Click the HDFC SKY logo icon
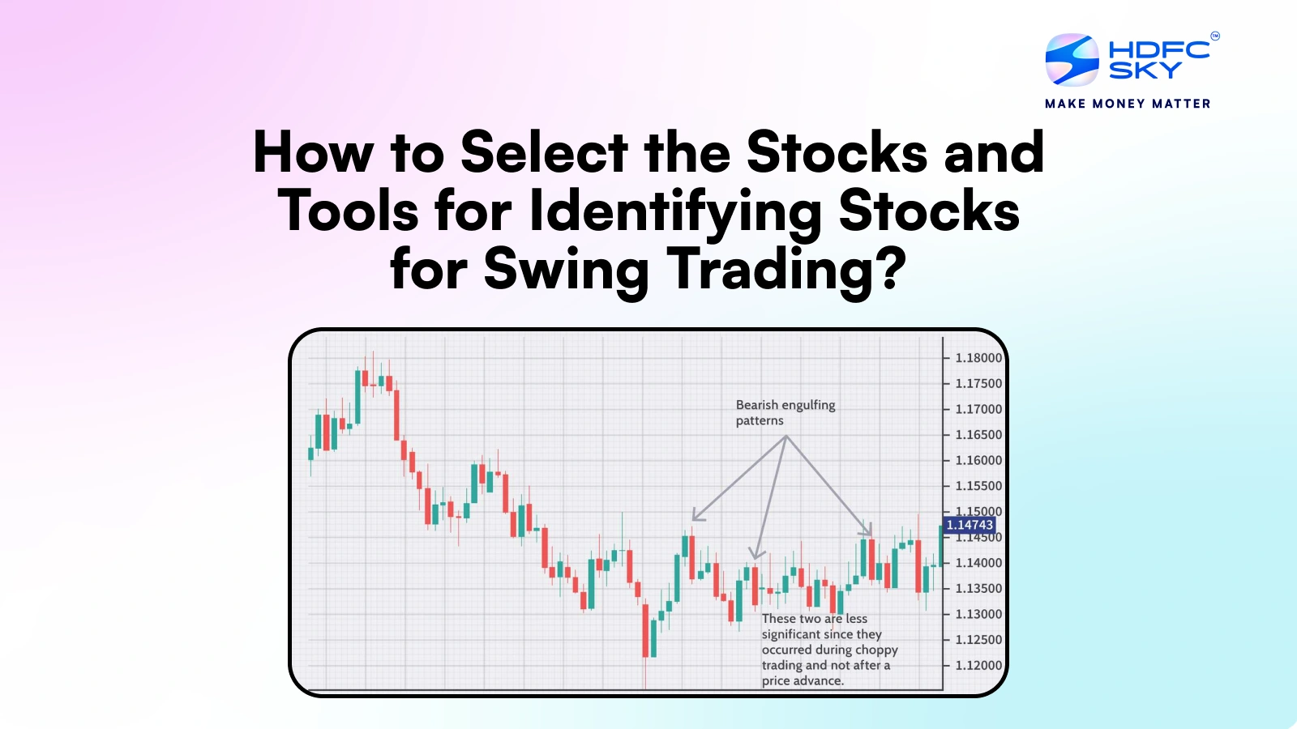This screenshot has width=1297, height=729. tap(1072, 60)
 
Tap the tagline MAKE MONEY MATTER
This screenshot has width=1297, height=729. tap(1128, 104)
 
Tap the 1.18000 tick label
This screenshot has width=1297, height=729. tap(978, 358)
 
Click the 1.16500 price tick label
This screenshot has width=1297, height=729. tap(978, 435)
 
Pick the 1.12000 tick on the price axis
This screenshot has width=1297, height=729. tap(978, 666)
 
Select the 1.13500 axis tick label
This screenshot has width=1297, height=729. tap(978, 589)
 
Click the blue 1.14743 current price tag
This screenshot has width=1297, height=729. tap(970, 525)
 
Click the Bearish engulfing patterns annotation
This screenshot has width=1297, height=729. tap(785, 412)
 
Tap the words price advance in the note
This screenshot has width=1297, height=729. tap(803, 681)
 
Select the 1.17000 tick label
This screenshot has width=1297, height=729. tap(978, 410)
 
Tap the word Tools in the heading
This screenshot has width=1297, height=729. tap(348, 211)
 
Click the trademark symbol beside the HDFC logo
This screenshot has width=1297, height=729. tap(1215, 36)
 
